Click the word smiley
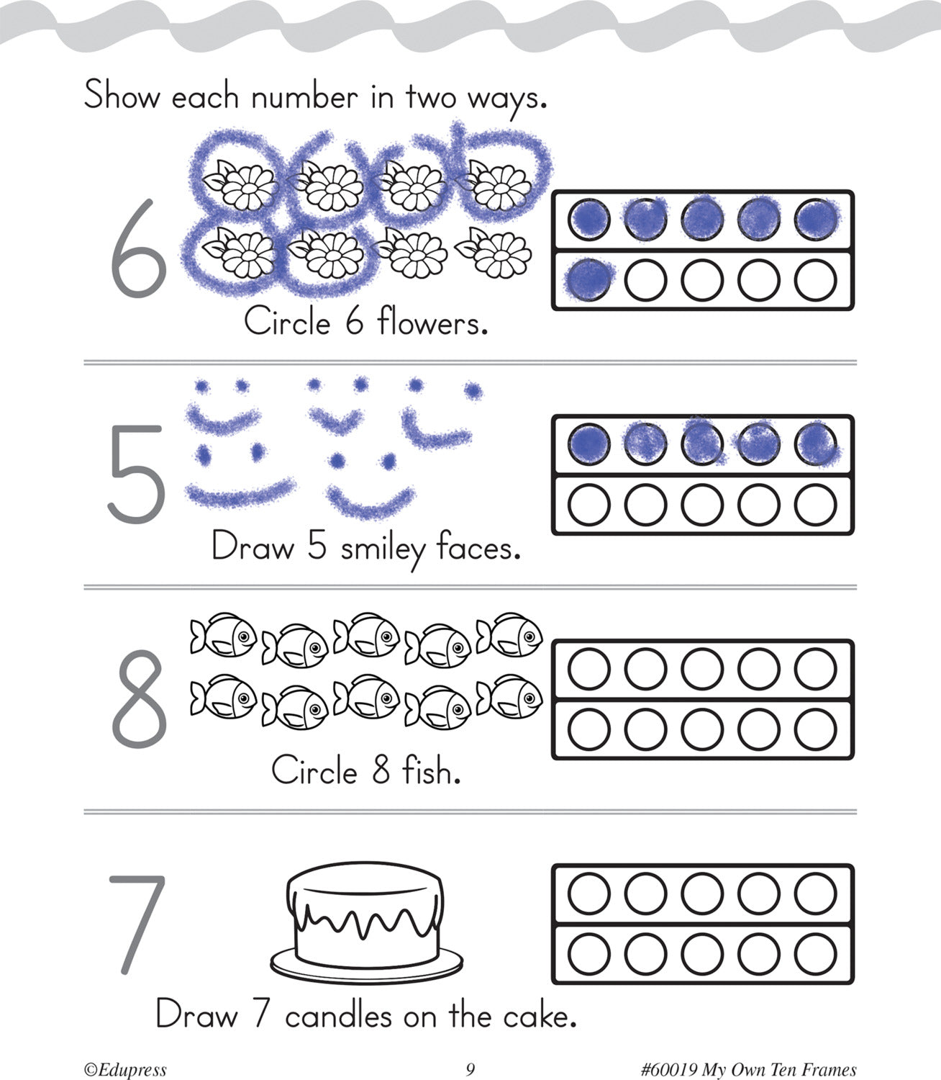[383, 549]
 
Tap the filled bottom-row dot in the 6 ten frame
[589, 279]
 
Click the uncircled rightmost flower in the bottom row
[494, 253]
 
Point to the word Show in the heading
[122, 96]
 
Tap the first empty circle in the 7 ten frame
[589, 894]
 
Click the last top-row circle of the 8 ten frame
[816, 670]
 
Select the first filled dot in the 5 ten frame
[589, 444]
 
